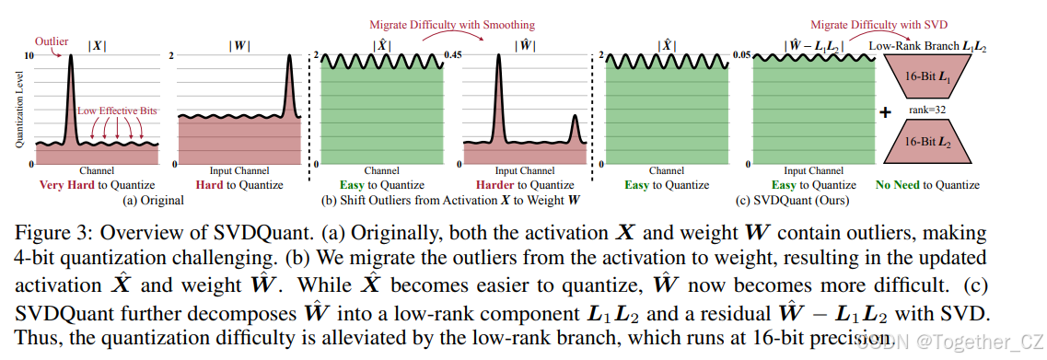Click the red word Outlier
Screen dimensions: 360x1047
pos(51,41)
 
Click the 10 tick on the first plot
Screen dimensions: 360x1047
pos(28,56)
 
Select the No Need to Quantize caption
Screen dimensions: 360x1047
pos(928,184)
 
